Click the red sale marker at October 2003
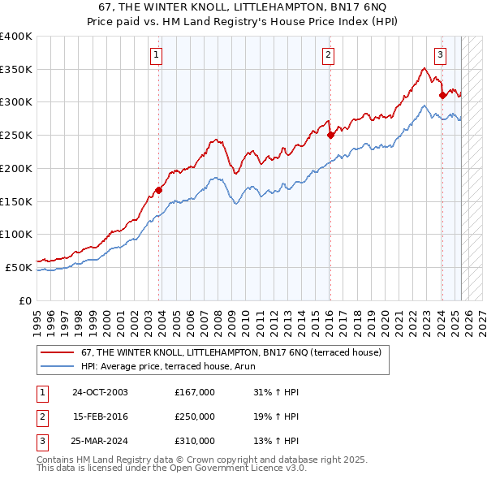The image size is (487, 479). tap(158, 190)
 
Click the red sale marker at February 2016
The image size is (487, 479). tap(330, 136)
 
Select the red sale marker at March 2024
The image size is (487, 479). tap(442, 95)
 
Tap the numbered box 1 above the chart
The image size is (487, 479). tap(155, 55)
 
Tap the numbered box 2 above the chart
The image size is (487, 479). tap(328, 55)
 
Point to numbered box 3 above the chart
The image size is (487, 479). tap(440, 55)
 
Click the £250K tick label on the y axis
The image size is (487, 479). tap(16, 135)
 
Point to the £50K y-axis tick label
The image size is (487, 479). tap(19, 267)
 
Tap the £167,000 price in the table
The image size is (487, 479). tap(194, 392)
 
